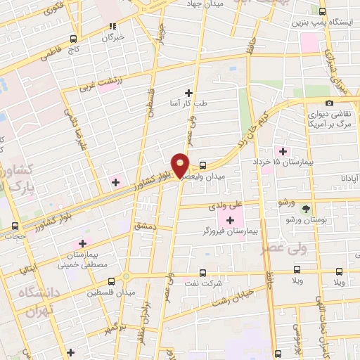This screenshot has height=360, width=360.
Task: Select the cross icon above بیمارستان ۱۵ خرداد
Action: (283, 150)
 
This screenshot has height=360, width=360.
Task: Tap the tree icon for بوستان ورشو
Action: (305, 209)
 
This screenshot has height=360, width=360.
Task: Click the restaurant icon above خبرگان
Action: (110, 27)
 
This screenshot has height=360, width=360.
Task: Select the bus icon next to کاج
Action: (74, 39)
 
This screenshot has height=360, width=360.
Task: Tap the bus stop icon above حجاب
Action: (15, 226)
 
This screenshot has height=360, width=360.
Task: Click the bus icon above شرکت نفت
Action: (202, 272)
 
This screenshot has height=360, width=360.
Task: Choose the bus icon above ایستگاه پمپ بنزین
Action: (322, 11)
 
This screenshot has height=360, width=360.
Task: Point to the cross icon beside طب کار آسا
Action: (188, 93)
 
